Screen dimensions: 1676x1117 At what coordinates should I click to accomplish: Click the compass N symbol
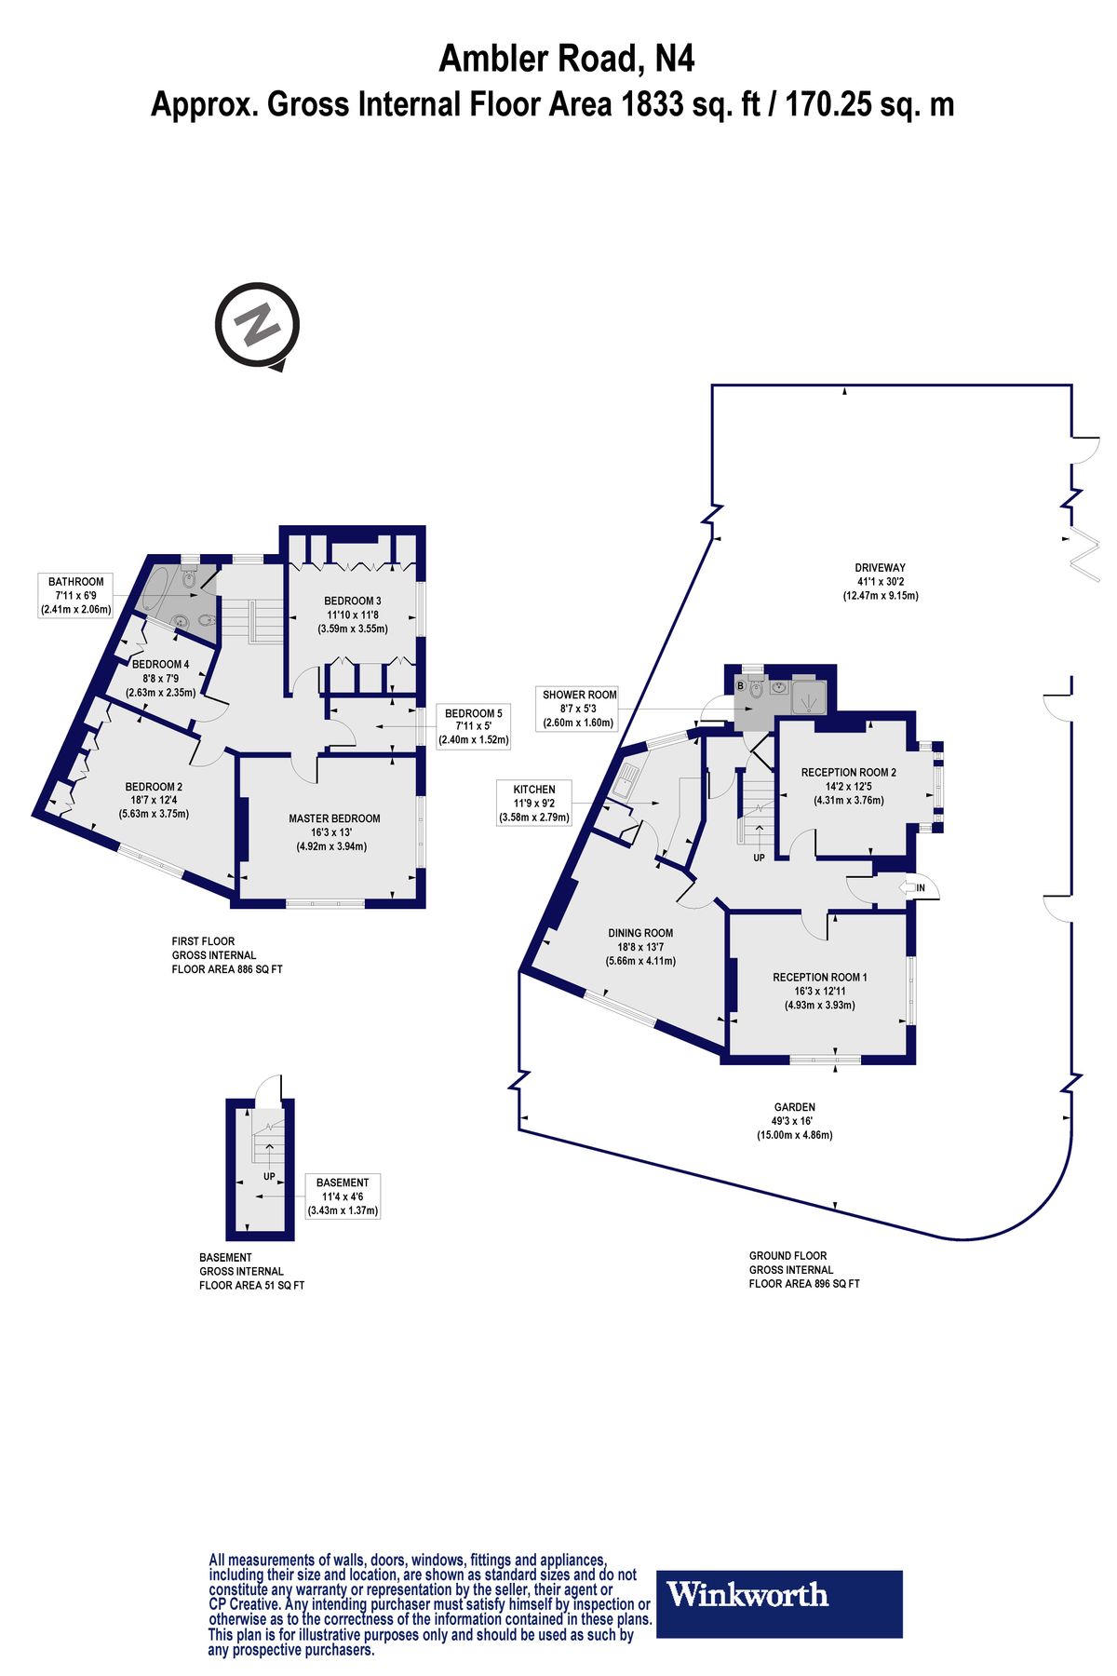tap(257, 327)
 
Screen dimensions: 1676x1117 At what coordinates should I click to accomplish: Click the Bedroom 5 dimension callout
tap(474, 726)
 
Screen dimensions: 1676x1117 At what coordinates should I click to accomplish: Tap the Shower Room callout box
tap(579, 709)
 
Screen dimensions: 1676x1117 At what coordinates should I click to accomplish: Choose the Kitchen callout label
tap(534, 804)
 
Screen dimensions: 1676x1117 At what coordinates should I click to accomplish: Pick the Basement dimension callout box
tap(343, 1196)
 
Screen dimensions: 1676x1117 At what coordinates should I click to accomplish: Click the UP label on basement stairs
tap(269, 1176)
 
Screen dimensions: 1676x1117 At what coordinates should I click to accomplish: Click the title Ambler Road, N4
tap(566, 60)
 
